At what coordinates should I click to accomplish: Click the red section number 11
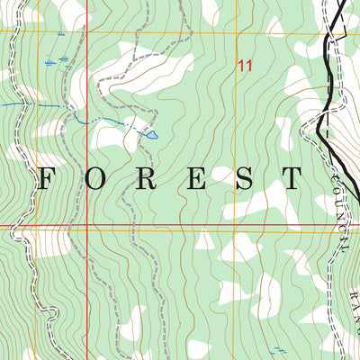245,65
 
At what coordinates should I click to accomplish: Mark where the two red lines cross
87,225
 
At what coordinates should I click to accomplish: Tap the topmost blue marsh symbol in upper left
60,33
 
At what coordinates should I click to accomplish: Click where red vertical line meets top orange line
87,33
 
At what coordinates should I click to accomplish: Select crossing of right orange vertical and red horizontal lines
237,225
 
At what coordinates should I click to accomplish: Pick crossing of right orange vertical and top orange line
237,33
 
